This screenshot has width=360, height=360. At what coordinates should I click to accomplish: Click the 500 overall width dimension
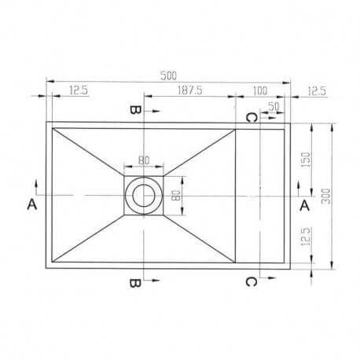click(x=167, y=76)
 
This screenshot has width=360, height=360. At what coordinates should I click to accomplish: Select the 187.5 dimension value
click(x=189, y=91)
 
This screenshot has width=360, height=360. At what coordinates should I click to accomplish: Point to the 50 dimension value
click(x=274, y=105)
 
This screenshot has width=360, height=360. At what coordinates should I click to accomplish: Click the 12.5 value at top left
click(x=78, y=91)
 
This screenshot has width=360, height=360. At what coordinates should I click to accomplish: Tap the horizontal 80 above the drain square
click(x=143, y=161)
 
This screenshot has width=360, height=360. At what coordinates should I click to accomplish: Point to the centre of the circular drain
click(x=143, y=193)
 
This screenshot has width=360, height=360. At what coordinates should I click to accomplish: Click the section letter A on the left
click(x=31, y=204)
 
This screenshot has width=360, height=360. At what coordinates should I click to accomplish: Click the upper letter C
click(x=249, y=118)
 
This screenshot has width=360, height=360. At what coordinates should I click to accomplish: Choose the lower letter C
click(x=249, y=281)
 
